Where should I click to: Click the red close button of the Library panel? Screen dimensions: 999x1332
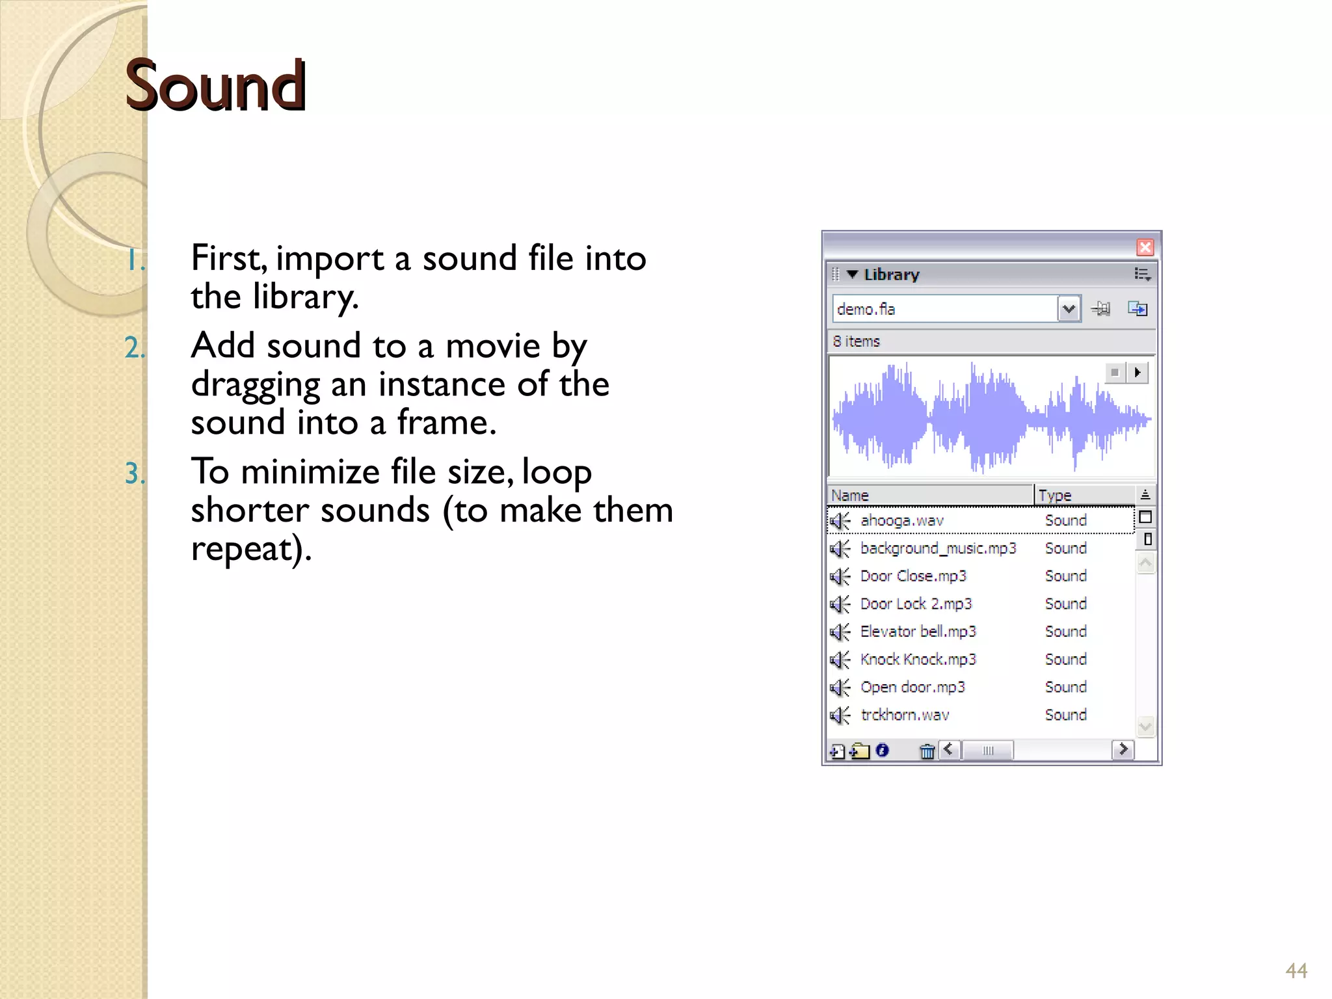[x=1145, y=247]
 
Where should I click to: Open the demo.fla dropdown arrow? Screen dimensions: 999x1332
[x=1068, y=309]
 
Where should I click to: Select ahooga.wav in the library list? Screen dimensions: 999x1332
[x=901, y=520]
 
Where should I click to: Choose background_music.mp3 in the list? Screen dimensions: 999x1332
[x=937, y=548]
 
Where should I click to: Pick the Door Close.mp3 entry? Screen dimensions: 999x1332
[x=912, y=576]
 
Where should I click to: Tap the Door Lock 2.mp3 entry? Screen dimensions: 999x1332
[x=915, y=604]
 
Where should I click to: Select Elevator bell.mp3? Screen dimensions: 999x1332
[x=917, y=632]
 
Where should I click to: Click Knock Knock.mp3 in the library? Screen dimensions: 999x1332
[x=917, y=659]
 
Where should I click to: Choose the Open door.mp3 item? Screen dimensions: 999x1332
[x=912, y=687]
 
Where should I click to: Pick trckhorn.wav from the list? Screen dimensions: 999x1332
[x=904, y=715]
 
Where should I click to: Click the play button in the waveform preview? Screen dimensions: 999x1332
[x=1138, y=373]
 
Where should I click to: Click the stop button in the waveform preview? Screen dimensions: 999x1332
[x=1115, y=373]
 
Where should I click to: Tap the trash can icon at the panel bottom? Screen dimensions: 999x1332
[x=927, y=752]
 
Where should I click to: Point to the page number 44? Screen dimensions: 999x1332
[x=1296, y=971]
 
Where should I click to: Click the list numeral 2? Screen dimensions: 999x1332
[x=135, y=348]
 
